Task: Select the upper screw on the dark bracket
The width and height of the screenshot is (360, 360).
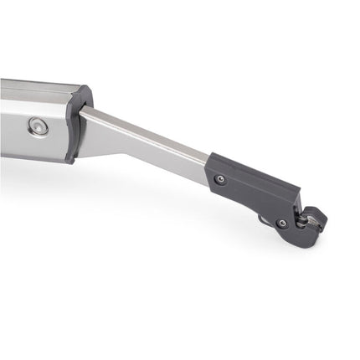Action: (x=219, y=178)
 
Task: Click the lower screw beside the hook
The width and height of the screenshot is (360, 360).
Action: (x=282, y=224)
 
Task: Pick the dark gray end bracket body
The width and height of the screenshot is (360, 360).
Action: (x=251, y=188)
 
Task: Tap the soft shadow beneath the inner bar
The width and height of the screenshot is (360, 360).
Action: (x=151, y=180)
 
